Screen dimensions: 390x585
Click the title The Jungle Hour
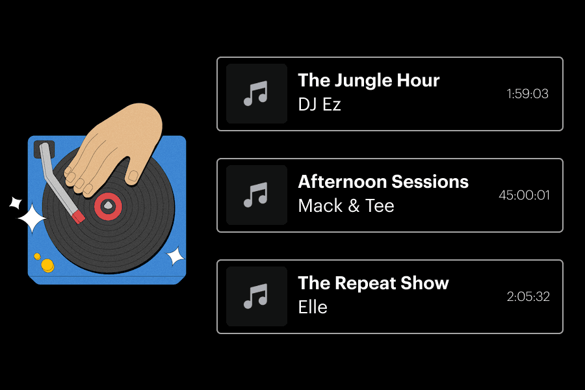[x=369, y=81]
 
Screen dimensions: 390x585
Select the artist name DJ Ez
[x=319, y=104]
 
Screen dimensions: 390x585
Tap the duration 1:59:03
[x=527, y=94]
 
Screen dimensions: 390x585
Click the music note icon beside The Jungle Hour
[x=256, y=94]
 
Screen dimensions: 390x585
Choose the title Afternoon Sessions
[x=383, y=181]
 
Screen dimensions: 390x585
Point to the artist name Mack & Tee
[x=346, y=206]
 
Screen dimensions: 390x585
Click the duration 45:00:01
[x=524, y=195]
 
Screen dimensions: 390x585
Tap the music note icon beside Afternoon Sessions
[x=256, y=195]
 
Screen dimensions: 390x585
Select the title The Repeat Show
[x=373, y=283]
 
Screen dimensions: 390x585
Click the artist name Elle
[x=313, y=307]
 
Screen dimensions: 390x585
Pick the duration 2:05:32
[x=528, y=296]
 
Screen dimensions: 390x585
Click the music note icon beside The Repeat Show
[x=256, y=296]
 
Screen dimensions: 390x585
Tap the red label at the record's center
[x=108, y=206]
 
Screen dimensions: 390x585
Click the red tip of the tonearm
[x=78, y=216]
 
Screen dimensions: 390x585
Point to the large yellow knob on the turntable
[x=47, y=265]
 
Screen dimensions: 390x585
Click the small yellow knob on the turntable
[x=37, y=256]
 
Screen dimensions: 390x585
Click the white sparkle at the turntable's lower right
[x=175, y=257]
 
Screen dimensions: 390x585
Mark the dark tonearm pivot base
[x=44, y=148]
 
